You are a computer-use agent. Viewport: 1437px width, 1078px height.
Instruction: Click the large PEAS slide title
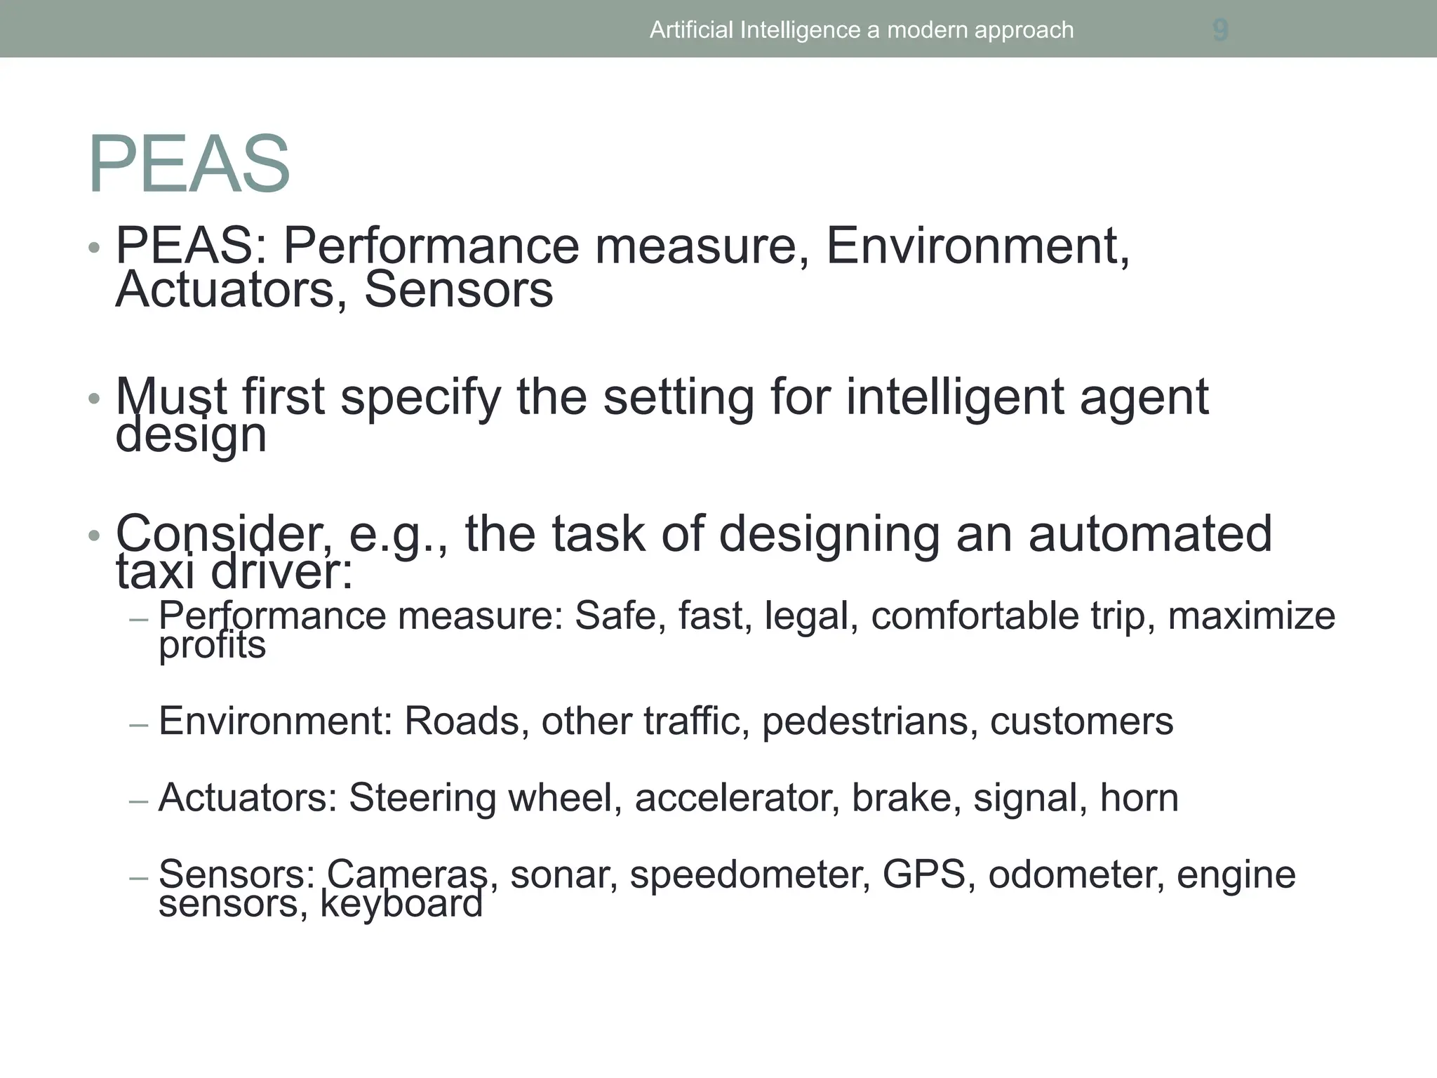pos(189,164)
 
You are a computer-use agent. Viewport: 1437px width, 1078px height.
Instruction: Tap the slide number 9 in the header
pos(1220,30)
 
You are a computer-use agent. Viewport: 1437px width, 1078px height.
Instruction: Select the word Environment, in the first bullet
pos(977,246)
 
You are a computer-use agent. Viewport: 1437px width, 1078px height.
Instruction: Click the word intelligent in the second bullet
pos(956,397)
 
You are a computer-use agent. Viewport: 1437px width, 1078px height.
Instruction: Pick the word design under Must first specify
pos(191,436)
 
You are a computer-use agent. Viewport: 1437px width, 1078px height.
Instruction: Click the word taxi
pos(155,572)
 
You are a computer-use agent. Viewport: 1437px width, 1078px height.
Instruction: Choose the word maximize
pos(1251,616)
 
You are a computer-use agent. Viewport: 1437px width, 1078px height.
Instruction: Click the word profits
pos(212,646)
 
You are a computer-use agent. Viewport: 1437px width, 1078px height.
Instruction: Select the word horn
pos(1139,798)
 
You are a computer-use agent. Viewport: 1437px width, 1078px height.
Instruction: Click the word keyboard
pos(401,904)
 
